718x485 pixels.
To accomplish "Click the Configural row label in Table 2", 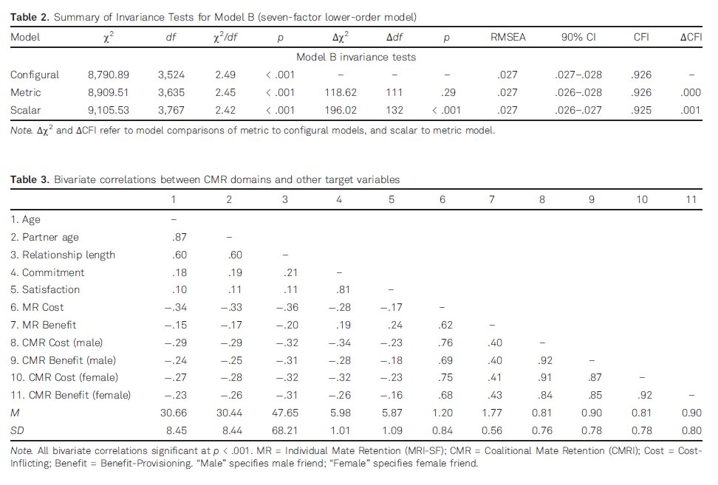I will [35, 75].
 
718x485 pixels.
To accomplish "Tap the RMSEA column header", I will [508, 37].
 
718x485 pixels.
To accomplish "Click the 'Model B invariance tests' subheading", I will [356, 57].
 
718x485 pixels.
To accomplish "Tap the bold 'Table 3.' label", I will [27, 179].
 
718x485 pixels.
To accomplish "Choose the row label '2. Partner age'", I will [44, 237].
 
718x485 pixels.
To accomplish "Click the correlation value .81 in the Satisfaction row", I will [339, 290].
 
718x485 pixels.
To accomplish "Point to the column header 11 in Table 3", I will [691, 199].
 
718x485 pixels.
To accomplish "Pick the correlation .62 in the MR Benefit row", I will [442, 326].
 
